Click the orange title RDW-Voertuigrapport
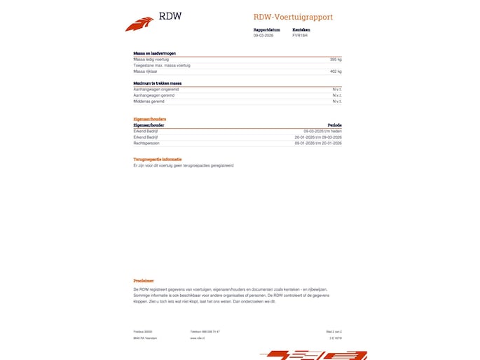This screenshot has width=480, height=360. point(293,18)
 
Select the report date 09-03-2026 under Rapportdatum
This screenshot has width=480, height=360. point(263,35)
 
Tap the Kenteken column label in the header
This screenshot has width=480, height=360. point(301,29)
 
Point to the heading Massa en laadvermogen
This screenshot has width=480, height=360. point(154,54)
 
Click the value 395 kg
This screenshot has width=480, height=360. point(335,60)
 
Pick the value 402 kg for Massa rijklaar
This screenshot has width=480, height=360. point(335,71)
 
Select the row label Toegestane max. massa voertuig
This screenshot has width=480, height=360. point(162,65)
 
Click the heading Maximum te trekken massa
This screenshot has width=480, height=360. point(157,83)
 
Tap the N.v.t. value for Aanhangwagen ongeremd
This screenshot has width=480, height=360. point(336,90)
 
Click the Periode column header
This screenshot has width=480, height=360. point(335,125)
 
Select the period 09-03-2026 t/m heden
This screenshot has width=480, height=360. point(322,131)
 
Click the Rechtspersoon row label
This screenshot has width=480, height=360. point(146,143)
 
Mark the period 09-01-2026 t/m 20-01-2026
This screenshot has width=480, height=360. point(318,143)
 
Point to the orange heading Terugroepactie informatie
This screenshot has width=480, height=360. point(158,160)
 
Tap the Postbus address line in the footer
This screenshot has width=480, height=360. point(143,331)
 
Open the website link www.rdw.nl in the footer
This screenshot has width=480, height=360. point(197,338)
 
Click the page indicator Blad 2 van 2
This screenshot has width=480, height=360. point(334,331)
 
